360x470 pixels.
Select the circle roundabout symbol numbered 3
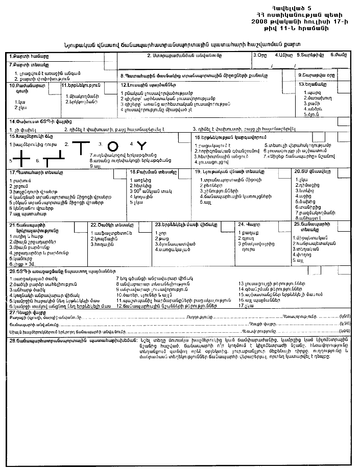(113, 146)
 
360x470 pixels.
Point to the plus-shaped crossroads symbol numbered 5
(21, 160)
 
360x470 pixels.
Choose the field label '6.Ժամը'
(338, 55)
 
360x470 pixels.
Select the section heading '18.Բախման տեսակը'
(149, 172)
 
